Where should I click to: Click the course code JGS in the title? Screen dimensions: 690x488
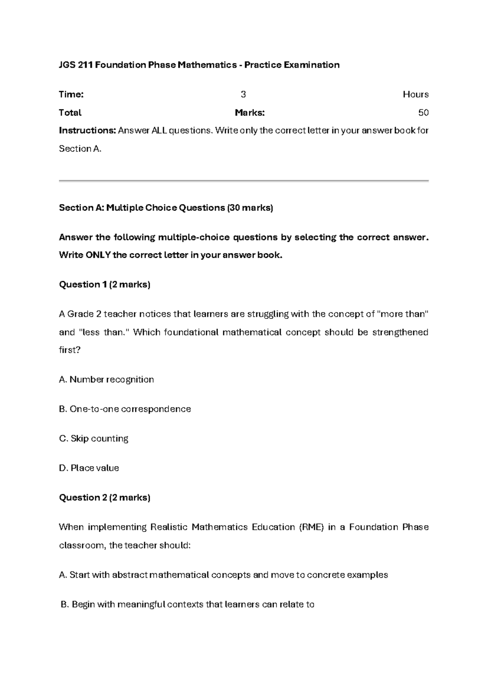point(67,65)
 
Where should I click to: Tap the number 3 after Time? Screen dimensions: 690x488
point(243,95)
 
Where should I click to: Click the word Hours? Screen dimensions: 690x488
point(415,95)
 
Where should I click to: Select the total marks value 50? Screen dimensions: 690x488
point(423,113)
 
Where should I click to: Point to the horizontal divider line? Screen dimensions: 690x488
point(244,181)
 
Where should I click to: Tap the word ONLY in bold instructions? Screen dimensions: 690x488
point(98,255)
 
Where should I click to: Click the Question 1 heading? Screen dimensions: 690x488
point(105,285)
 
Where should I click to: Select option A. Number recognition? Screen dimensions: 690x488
point(107,380)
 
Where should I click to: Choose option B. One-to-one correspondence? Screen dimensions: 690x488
point(125,409)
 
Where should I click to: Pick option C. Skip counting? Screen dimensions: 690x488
point(94,439)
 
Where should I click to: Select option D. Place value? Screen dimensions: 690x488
point(89,468)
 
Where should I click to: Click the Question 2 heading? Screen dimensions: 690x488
point(105,498)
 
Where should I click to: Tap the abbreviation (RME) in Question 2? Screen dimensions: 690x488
point(311,527)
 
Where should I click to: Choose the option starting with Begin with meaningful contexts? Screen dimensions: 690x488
point(187,605)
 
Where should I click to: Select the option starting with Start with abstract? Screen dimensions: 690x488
point(223,575)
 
